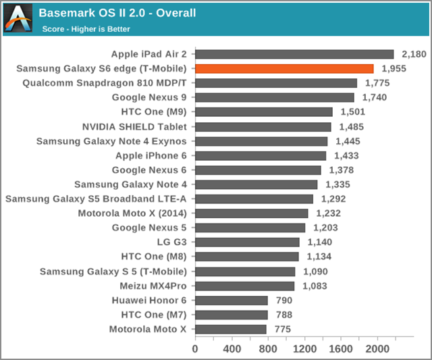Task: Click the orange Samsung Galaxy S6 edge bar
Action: click(284, 68)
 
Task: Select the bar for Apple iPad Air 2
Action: click(294, 54)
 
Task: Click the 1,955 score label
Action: click(394, 68)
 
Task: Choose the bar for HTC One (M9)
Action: click(264, 112)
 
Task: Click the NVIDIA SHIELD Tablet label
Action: click(134, 126)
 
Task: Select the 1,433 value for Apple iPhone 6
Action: click(346, 155)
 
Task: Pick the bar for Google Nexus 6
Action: click(258, 170)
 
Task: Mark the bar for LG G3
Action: click(247, 242)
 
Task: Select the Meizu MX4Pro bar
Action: click(244, 286)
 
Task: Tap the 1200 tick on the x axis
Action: click(304, 349)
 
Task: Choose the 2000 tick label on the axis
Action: click(377, 349)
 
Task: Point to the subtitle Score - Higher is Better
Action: click(86, 28)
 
